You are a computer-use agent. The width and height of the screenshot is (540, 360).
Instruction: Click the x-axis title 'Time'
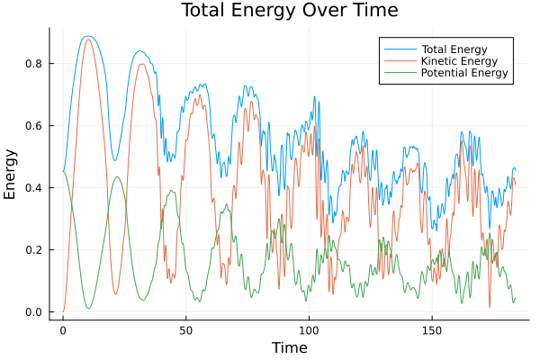pos(289,347)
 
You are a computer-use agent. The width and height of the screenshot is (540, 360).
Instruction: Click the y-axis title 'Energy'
pos(11,174)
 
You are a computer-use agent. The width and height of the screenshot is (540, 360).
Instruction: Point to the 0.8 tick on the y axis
pos(35,63)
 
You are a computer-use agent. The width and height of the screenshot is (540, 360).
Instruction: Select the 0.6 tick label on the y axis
pos(35,125)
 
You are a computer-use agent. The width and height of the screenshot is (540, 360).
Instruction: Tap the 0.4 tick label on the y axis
pos(35,187)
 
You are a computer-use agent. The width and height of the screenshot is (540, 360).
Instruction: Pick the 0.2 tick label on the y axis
pos(35,249)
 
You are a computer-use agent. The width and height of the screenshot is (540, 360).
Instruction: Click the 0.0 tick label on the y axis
pos(35,312)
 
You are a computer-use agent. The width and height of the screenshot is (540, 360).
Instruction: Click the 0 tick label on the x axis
pos(63,329)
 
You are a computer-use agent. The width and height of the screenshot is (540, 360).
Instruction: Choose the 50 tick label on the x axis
pos(185,329)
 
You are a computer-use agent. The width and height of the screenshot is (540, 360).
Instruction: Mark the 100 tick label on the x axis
pos(309,329)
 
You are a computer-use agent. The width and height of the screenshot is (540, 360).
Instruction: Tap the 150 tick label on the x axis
pos(431,329)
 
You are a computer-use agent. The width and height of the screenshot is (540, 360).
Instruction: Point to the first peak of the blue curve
pos(86,36)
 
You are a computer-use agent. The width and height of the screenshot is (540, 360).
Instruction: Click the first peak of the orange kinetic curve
pos(87,39)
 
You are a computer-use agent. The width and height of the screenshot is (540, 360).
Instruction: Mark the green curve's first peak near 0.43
pos(116,176)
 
